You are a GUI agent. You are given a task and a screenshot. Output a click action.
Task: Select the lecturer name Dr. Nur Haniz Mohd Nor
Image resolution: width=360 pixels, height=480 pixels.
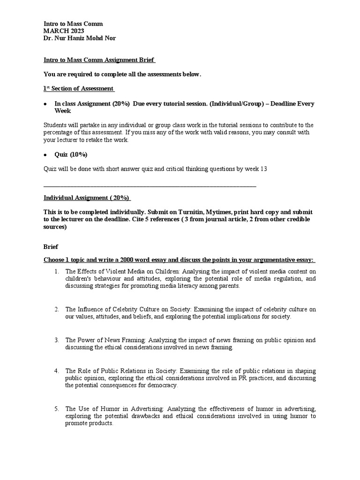[x=79, y=38]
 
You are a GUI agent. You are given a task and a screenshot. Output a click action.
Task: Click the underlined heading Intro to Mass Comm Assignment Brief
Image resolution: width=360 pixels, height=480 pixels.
[x=99, y=60]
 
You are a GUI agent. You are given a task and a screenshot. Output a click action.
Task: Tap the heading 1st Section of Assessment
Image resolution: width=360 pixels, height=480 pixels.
[x=78, y=89]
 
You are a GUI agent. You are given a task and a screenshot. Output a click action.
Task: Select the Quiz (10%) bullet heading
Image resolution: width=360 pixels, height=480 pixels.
[x=71, y=155]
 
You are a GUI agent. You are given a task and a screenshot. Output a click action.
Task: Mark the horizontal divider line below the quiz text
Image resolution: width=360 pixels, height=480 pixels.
[x=150, y=187]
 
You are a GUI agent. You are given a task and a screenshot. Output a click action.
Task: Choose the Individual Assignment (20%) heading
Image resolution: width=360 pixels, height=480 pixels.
[x=87, y=198]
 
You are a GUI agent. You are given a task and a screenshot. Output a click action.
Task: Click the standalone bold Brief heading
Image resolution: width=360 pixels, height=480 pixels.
[x=51, y=246]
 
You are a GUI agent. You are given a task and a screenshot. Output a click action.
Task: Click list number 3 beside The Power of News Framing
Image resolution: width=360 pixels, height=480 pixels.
[x=56, y=340]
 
